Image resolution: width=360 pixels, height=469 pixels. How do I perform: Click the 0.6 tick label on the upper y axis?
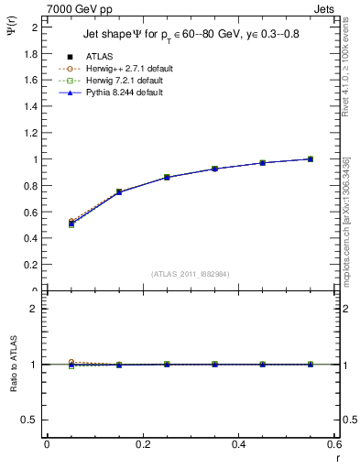point(34,213)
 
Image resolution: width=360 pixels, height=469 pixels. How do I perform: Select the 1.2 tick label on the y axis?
point(34,133)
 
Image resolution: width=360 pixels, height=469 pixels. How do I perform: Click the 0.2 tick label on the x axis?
point(143,444)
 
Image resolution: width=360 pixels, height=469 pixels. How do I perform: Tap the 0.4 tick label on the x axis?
point(239,444)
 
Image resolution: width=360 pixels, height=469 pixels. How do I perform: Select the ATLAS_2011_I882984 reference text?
point(191,274)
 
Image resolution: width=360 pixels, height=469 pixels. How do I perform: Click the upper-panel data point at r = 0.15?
point(119,192)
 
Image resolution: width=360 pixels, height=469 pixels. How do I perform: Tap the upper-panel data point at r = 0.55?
point(311,159)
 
